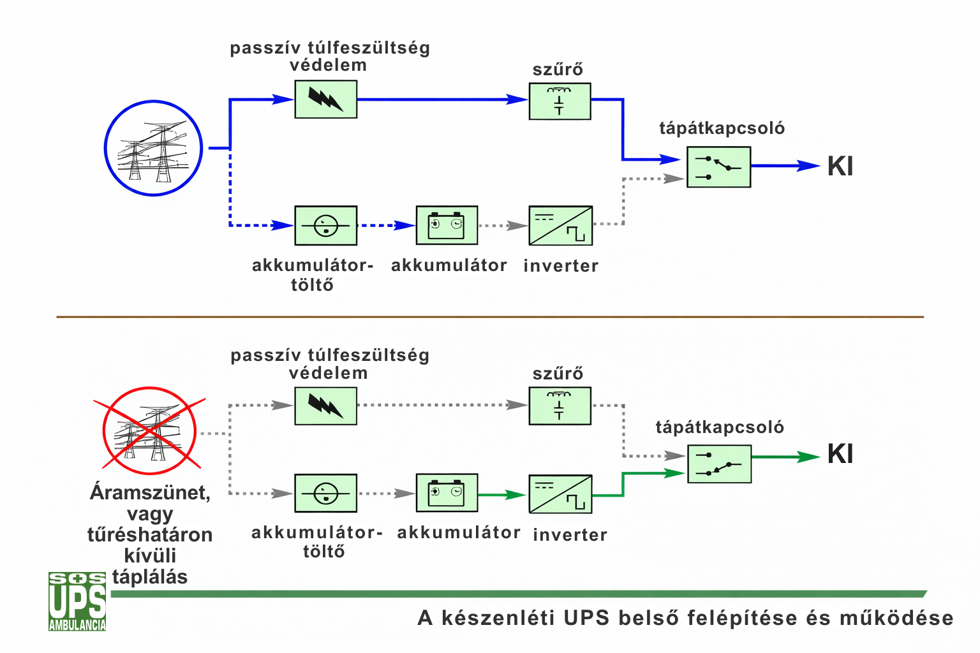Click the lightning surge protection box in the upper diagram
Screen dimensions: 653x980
[x=325, y=99]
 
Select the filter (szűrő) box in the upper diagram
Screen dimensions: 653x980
[x=560, y=101]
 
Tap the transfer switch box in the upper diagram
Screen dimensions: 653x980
[x=718, y=167]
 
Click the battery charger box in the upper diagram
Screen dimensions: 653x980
[x=325, y=226]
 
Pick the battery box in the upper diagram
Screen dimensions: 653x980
[x=447, y=225]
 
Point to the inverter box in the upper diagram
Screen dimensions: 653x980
[x=560, y=226]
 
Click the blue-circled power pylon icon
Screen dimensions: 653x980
[x=153, y=149]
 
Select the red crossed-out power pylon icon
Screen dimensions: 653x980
[x=149, y=431]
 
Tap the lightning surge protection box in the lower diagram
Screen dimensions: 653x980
[x=325, y=406]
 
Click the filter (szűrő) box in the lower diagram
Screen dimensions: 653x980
[x=560, y=406]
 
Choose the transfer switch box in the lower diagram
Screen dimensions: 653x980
[x=719, y=464]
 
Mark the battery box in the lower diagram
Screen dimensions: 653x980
[x=447, y=493]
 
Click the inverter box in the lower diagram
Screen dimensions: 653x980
[x=560, y=494]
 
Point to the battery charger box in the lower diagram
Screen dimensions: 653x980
[x=325, y=494]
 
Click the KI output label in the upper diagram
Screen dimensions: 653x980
[x=840, y=166]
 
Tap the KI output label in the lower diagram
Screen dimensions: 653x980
[x=840, y=455]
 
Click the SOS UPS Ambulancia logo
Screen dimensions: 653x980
[x=77, y=601]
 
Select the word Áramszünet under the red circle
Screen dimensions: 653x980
[x=150, y=492]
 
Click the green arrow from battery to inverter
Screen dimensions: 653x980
[x=502, y=495]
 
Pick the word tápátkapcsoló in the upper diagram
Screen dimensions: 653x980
[x=722, y=128]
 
